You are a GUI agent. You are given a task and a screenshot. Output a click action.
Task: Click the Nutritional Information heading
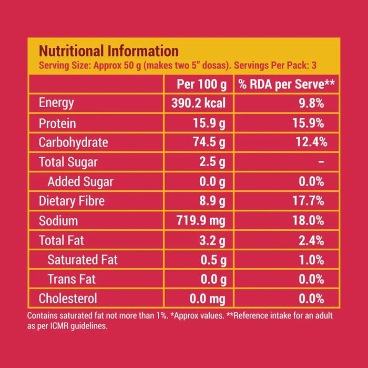click(x=109, y=51)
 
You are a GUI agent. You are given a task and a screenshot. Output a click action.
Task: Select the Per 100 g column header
click(x=202, y=84)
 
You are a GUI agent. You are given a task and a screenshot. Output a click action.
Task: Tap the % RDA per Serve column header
click(x=287, y=84)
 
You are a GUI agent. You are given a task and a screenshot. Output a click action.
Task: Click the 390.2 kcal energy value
click(x=198, y=104)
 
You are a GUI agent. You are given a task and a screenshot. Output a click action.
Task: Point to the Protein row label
click(x=57, y=124)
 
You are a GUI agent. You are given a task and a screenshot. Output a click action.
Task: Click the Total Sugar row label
click(x=68, y=162)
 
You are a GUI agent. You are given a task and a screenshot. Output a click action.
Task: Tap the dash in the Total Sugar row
click(x=321, y=162)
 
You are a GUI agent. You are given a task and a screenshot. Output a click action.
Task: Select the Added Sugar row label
click(x=80, y=182)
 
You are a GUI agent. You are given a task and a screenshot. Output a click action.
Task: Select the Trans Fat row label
click(x=71, y=279)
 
